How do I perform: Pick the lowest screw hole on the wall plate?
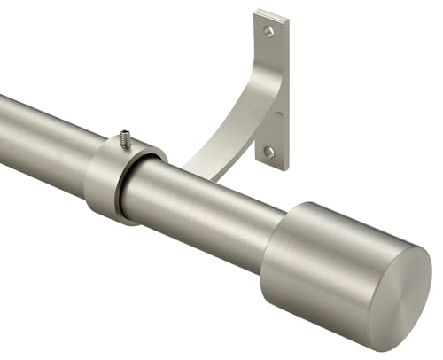pos(269,152)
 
